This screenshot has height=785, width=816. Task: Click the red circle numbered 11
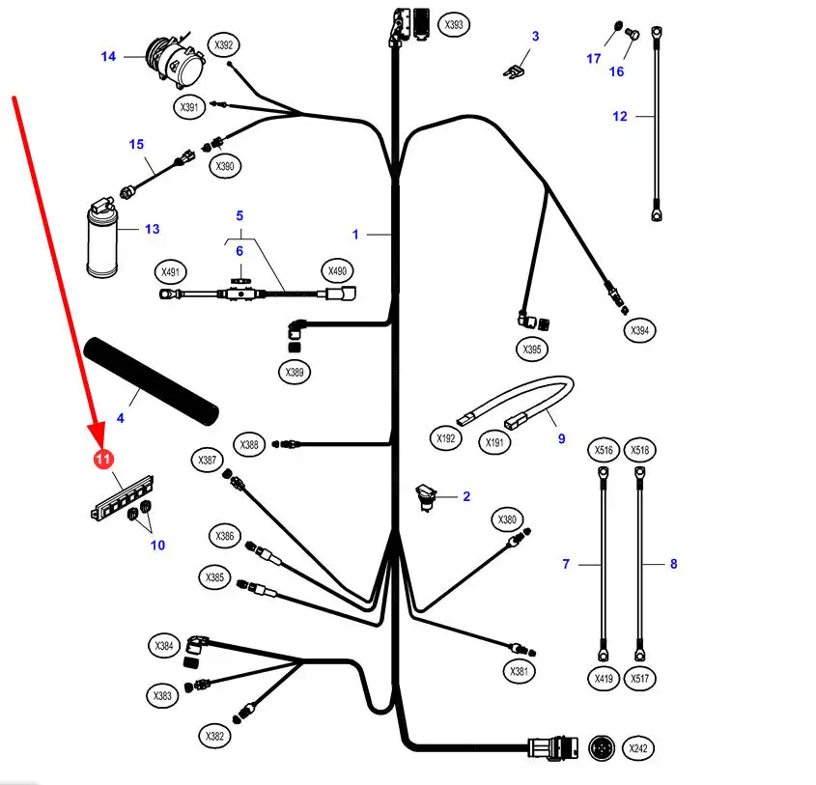coord(103,460)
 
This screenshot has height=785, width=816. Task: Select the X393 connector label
coord(455,24)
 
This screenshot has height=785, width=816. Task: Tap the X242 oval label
coord(639,748)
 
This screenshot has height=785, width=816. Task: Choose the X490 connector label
coord(337,271)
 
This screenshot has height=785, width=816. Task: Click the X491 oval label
coord(172,271)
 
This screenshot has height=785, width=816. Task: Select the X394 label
coord(638,330)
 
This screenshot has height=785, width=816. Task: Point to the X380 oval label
coord(508,520)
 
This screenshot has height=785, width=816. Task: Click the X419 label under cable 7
coord(604,679)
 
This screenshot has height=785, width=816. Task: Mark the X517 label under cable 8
coord(639,679)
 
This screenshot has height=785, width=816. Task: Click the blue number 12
coord(619,116)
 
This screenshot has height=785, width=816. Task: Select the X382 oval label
coord(215,737)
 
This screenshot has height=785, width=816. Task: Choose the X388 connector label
coord(249,445)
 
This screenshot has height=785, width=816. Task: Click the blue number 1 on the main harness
coord(355,234)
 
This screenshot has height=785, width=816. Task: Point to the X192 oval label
coord(445,437)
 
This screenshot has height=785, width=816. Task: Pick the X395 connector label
coord(531,350)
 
